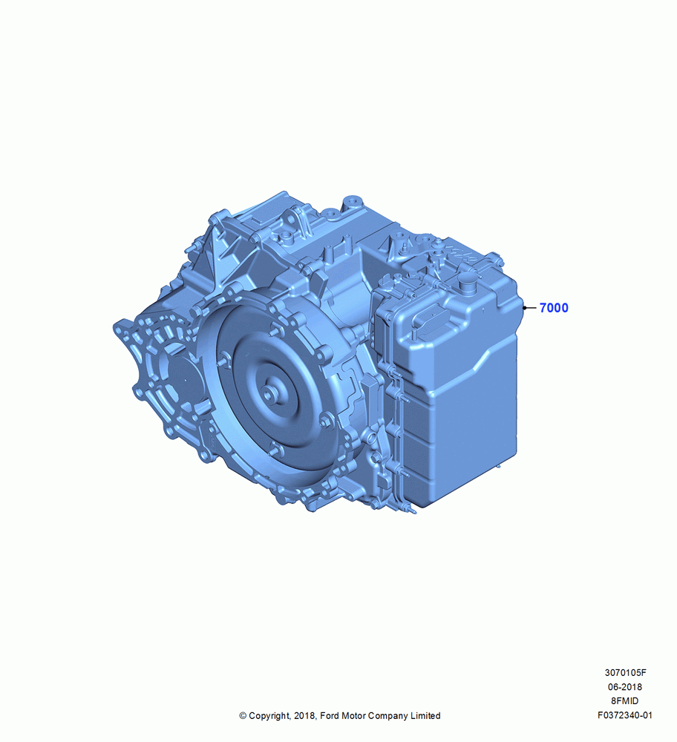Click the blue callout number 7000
point(554,308)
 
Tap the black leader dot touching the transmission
point(525,308)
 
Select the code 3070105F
point(625,672)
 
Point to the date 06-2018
point(625,686)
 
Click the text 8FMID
point(625,701)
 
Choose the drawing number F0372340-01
point(625,715)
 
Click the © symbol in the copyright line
point(243,716)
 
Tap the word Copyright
point(269,716)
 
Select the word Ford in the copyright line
point(330,716)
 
